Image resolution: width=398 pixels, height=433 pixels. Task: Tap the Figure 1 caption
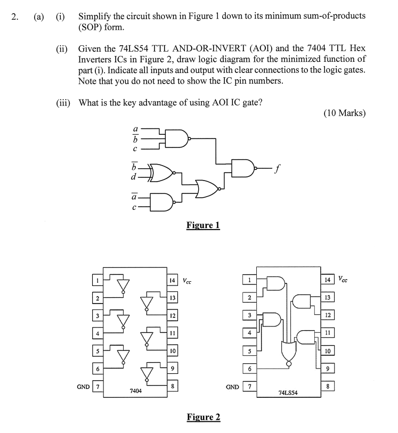pyautogui.click(x=203, y=225)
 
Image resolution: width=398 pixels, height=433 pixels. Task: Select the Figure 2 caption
pyautogui.click(x=203, y=417)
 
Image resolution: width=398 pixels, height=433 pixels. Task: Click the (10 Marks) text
pyautogui.click(x=344, y=113)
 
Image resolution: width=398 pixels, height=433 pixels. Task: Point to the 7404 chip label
pyautogui.click(x=136, y=391)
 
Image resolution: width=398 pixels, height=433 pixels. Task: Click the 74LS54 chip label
pyautogui.click(x=288, y=393)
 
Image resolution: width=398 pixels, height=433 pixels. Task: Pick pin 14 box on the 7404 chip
pyautogui.click(x=172, y=280)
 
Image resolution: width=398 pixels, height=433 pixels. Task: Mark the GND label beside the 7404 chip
pyautogui.click(x=83, y=386)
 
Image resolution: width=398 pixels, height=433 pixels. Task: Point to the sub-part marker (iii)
pyautogui.click(x=63, y=102)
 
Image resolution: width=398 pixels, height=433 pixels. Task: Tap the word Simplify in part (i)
pyautogui.click(x=96, y=16)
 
